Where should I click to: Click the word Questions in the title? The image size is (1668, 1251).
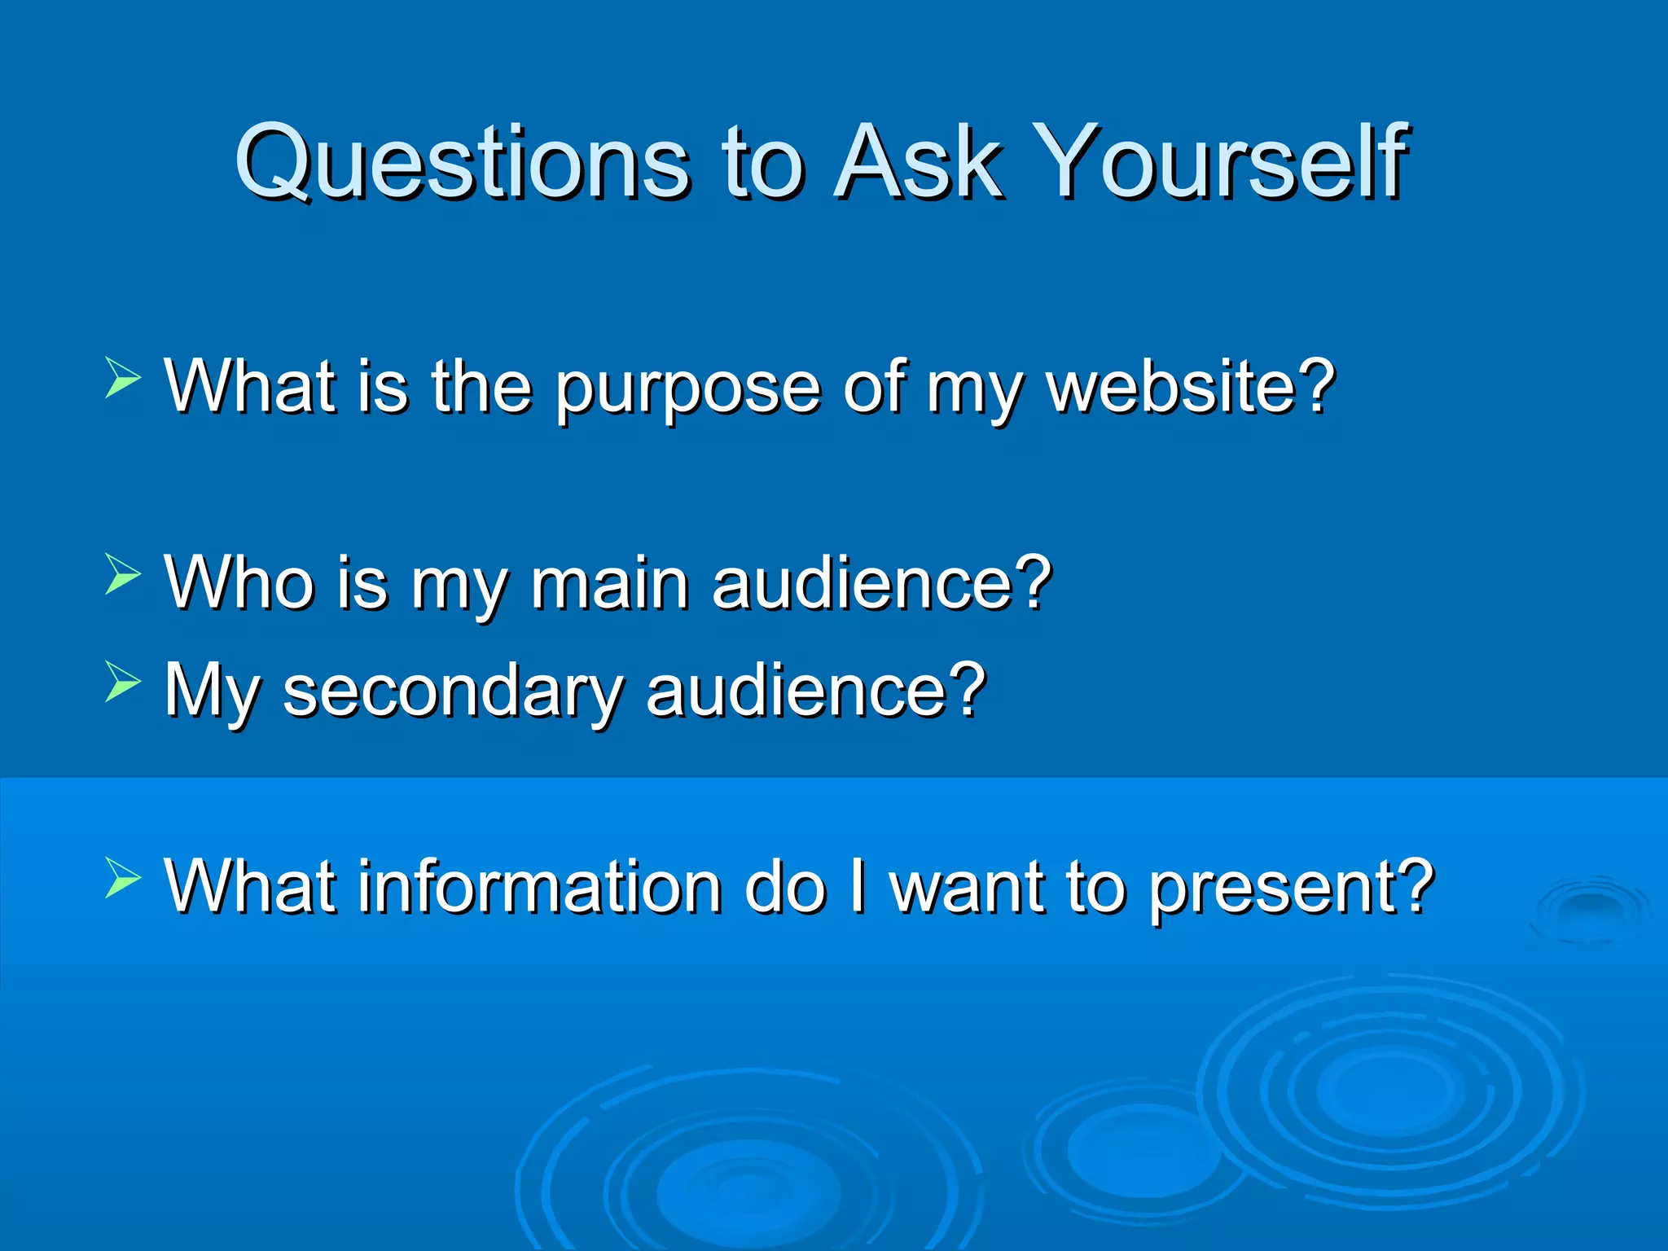click(x=463, y=163)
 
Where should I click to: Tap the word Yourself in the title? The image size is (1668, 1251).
click(x=1223, y=163)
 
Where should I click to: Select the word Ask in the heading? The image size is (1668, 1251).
click(x=917, y=163)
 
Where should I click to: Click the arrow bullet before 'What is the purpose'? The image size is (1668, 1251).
click(x=123, y=380)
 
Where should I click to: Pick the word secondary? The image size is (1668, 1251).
click(x=453, y=691)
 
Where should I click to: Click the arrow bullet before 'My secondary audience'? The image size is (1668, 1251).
click(x=123, y=683)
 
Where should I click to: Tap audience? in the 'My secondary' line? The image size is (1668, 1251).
click(x=816, y=690)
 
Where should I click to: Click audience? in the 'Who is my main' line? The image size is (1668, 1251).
click(x=882, y=582)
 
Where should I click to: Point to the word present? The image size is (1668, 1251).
click(x=1292, y=889)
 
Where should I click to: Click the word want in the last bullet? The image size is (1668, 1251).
click(x=967, y=887)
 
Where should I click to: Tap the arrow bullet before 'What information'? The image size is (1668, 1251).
click(x=123, y=880)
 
